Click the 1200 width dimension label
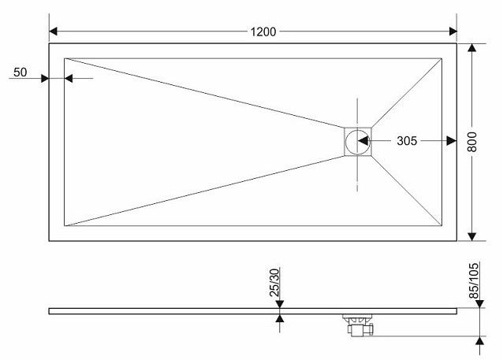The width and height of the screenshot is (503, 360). [263, 32]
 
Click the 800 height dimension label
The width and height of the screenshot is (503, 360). [472, 142]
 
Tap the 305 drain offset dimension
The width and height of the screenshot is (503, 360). [407, 141]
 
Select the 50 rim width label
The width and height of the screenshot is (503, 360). [20, 72]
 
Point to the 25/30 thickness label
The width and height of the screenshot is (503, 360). [275, 283]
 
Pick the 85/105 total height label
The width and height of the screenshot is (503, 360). [474, 280]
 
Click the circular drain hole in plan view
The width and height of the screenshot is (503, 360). [358, 142]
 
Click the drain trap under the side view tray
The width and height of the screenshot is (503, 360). [358, 325]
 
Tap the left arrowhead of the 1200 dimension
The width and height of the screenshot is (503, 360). [54, 32]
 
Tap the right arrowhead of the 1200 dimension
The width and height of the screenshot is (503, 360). [453, 32]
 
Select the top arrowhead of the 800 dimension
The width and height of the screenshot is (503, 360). [472, 47]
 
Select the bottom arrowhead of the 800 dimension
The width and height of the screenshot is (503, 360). [472, 236]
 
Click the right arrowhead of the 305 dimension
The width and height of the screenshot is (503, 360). [452, 141]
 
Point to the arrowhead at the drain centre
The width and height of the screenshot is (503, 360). [363, 141]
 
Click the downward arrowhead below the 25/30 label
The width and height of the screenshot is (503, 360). [280, 304]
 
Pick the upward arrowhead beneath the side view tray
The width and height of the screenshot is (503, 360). [280, 318]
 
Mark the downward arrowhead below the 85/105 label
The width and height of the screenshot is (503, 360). [479, 304]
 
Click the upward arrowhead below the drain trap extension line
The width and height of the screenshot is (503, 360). [479, 340]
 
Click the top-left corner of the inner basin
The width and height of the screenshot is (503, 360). [65, 58]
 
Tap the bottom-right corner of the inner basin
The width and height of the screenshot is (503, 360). [442, 225]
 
